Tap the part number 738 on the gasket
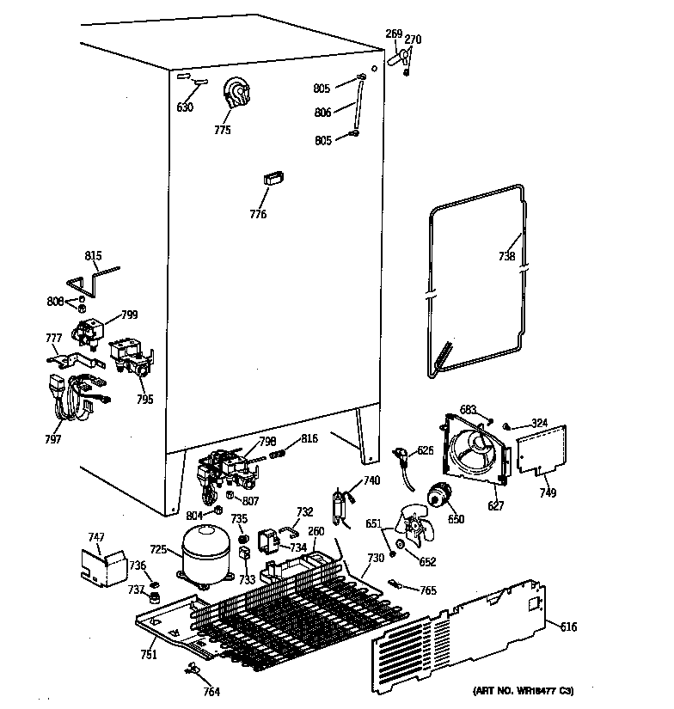click(x=507, y=256)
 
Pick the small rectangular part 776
click(x=273, y=178)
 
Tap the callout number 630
click(x=185, y=107)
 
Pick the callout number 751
click(x=150, y=656)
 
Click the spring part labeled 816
click(x=277, y=451)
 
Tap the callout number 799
click(x=129, y=315)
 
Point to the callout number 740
click(x=371, y=480)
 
